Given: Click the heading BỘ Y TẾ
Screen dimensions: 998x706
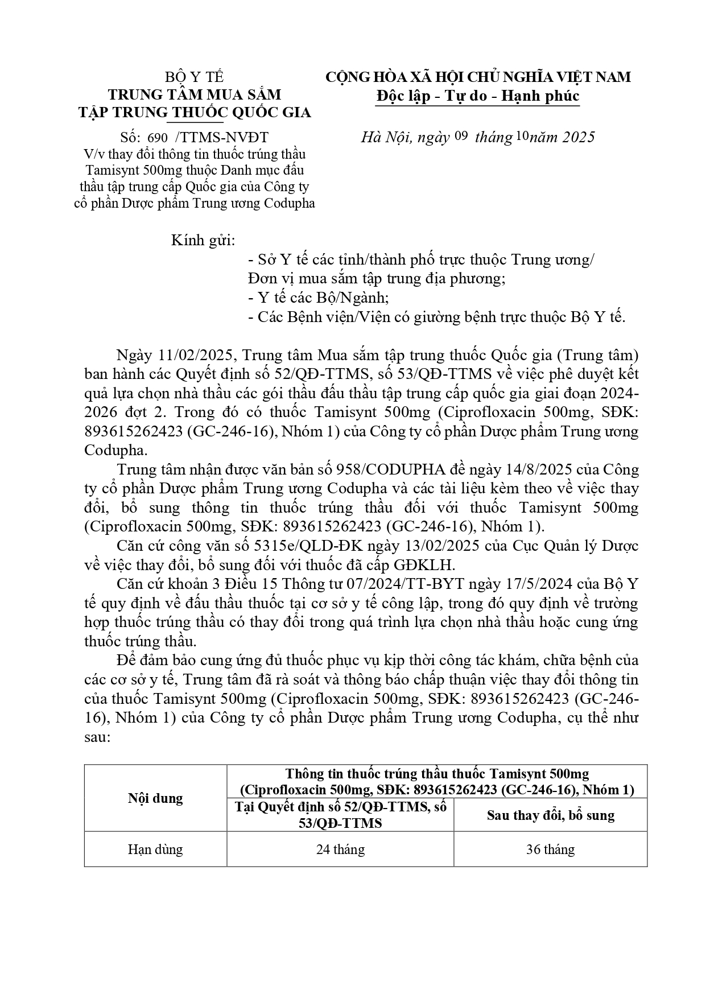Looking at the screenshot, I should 194,77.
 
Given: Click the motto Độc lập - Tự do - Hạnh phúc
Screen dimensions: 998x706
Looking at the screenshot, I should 478,96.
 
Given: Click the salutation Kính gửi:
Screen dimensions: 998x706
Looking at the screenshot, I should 203,241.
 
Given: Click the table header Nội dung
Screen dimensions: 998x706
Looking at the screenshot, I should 155,798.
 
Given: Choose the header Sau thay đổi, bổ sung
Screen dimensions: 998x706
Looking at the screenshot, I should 550,815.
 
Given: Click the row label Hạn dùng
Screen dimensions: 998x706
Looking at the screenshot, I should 155,849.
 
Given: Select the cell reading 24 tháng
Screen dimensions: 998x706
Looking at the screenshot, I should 340,849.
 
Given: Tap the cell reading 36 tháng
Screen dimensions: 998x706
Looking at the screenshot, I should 550,849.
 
